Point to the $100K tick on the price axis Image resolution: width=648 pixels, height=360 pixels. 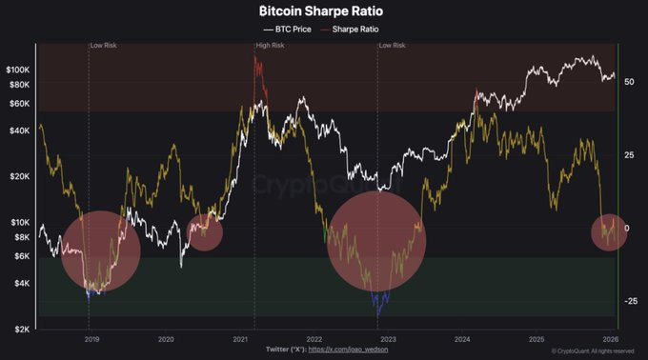coord(17,70)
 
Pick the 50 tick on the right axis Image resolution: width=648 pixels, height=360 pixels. coord(630,83)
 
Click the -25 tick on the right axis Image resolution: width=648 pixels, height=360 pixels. coord(630,301)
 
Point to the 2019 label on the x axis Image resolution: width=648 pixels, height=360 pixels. coord(92,339)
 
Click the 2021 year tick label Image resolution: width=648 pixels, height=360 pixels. coord(240,339)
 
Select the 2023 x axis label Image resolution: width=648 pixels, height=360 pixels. coord(388,339)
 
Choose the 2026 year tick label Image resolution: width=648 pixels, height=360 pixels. coord(611,339)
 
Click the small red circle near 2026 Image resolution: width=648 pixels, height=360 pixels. coord(608,232)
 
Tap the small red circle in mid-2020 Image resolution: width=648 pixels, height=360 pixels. coord(203,231)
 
